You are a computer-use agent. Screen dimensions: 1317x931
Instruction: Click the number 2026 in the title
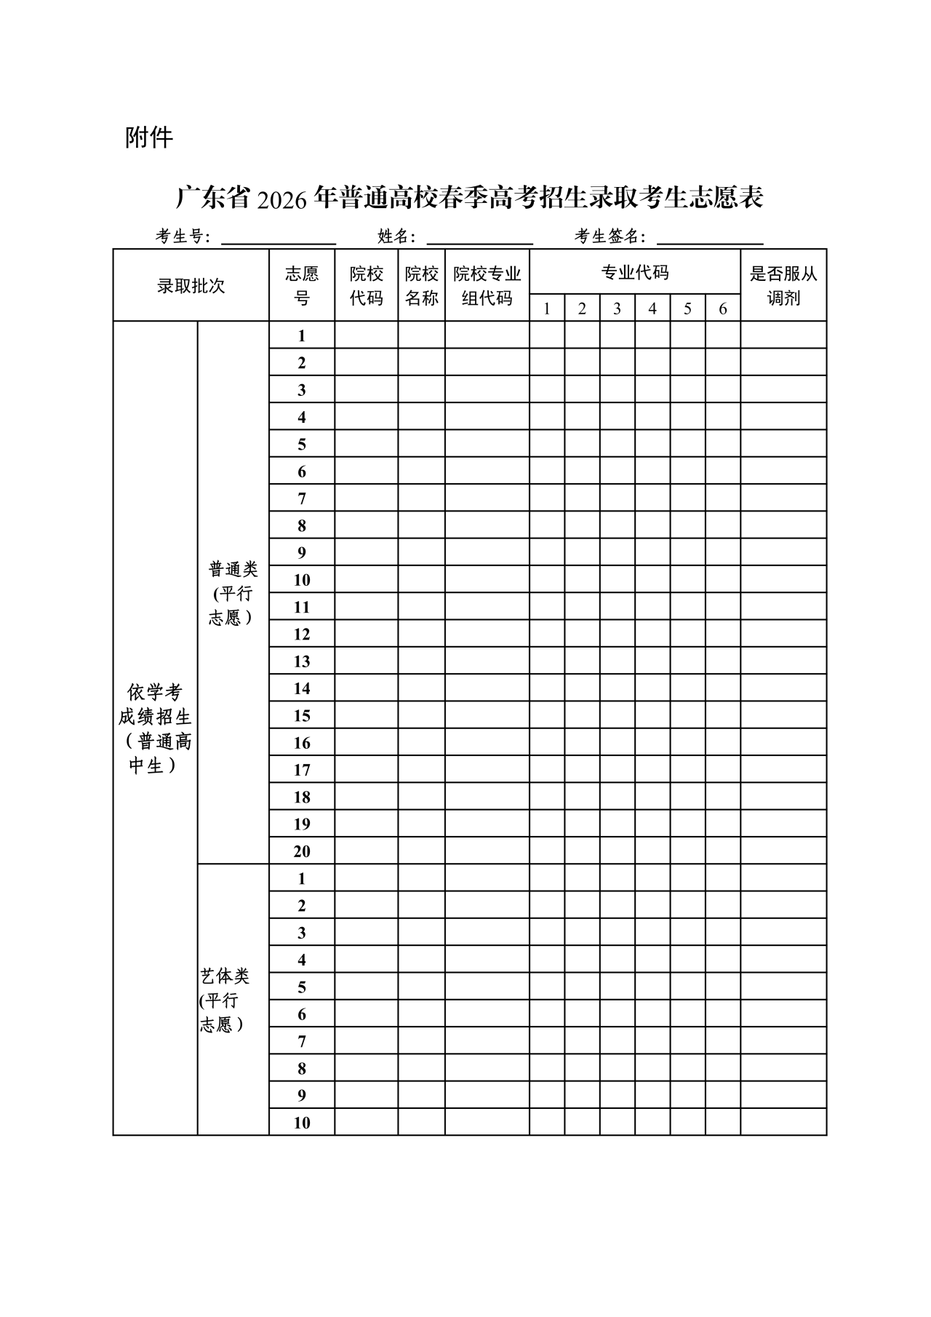coord(282,199)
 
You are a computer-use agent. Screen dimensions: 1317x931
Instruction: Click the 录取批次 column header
coord(191,286)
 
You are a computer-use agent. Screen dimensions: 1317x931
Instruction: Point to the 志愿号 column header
coord(302,286)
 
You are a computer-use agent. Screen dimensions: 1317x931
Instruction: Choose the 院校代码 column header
coord(366,286)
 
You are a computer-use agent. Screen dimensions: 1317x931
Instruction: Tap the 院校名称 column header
coord(421,286)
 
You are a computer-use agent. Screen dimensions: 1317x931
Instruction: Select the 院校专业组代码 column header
coord(487,286)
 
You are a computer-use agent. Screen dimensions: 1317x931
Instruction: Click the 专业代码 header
coord(634,273)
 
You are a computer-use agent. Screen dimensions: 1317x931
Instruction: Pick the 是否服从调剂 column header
coord(783,286)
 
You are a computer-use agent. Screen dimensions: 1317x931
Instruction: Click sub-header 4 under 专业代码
coord(652,309)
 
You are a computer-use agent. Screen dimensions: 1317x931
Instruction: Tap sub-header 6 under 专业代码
coord(722,309)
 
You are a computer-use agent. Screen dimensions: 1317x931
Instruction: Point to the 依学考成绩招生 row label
coord(155,728)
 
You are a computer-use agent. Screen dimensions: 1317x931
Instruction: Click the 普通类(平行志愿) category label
coord(233,593)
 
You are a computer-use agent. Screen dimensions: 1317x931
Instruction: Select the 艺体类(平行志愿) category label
coord(225,1000)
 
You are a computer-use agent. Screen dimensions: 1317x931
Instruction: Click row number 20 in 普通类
coord(302,851)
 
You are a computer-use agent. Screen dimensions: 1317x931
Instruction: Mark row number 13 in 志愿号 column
coord(302,661)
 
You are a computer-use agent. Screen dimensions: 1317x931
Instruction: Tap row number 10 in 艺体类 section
coord(302,1123)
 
